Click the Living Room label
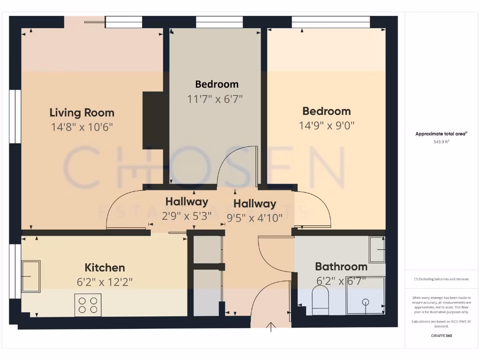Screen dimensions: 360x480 click(x=82, y=112)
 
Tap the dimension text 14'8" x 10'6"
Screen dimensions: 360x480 click(x=82, y=127)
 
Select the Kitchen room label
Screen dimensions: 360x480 click(x=105, y=268)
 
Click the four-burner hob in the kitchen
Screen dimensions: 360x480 click(x=88, y=305)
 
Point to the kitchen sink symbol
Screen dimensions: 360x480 click(x=30, y=276)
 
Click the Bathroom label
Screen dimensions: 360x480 click(x=341, y=267)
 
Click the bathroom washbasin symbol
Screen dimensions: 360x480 click(x=377, y=249)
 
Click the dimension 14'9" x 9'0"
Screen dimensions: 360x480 click(x=327, y=126)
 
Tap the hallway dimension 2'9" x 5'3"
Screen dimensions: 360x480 click(x=187, y=216)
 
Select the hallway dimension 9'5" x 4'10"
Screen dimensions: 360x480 click(x=255, y=217)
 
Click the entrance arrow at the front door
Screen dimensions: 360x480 click(x=271, y=327)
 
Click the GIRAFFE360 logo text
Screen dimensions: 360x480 click(x=441, y=336)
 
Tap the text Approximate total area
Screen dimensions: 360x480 click(x=441, y=134)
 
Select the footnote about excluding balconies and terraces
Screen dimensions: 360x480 click(x=441, y=279)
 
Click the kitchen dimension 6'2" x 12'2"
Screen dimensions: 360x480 click(x=105, y=282)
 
